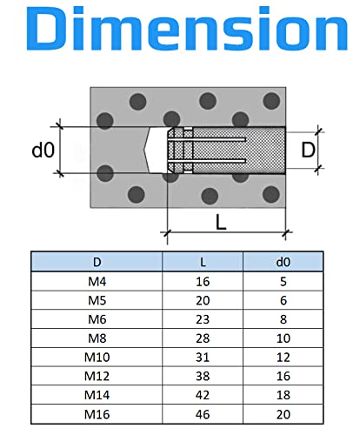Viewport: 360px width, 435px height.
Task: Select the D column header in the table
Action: (x=96, y=261)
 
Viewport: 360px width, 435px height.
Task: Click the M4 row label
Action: (x=96, y=281)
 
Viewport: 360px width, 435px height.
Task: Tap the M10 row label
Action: (x=96, y=356)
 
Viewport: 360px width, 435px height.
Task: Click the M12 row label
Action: (x=96, y=375)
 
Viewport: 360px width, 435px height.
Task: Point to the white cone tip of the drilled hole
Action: (x=155, y=150)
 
